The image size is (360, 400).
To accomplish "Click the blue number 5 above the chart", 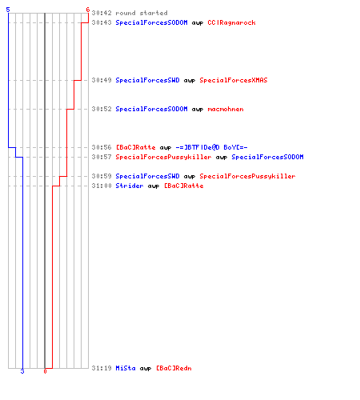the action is click(8, 10).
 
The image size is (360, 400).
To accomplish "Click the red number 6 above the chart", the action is click(88, 10).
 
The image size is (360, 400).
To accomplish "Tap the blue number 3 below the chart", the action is click(22, 371).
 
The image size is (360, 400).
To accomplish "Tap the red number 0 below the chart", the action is click(45, 371).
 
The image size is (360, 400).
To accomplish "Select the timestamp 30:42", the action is click(102, 13).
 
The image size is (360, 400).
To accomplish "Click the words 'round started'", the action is click(142, 13).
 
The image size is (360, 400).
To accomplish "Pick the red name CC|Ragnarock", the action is click(231, 22).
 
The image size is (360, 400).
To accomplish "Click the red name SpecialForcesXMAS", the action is click(234, 80).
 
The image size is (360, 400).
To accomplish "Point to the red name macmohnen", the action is click(226, 109).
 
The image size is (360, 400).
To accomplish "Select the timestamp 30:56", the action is click(102, 147).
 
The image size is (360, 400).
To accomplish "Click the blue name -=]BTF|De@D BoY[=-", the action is click(211, 147).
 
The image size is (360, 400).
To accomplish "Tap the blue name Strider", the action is click(130, 186).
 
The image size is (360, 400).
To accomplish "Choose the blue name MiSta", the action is click(126, 368).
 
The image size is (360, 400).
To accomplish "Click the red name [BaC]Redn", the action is click(174, 368).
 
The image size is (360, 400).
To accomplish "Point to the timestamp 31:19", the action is click(102, 368).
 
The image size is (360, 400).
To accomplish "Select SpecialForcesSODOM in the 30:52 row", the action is click(151, 109).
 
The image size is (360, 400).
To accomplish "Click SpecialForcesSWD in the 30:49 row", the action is click(147, 80).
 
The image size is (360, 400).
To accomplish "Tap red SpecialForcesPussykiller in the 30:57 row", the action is click(163, 157).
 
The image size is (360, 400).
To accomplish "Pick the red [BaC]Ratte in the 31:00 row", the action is click(183, 186).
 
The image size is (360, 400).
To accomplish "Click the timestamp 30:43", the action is click(102, 22).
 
